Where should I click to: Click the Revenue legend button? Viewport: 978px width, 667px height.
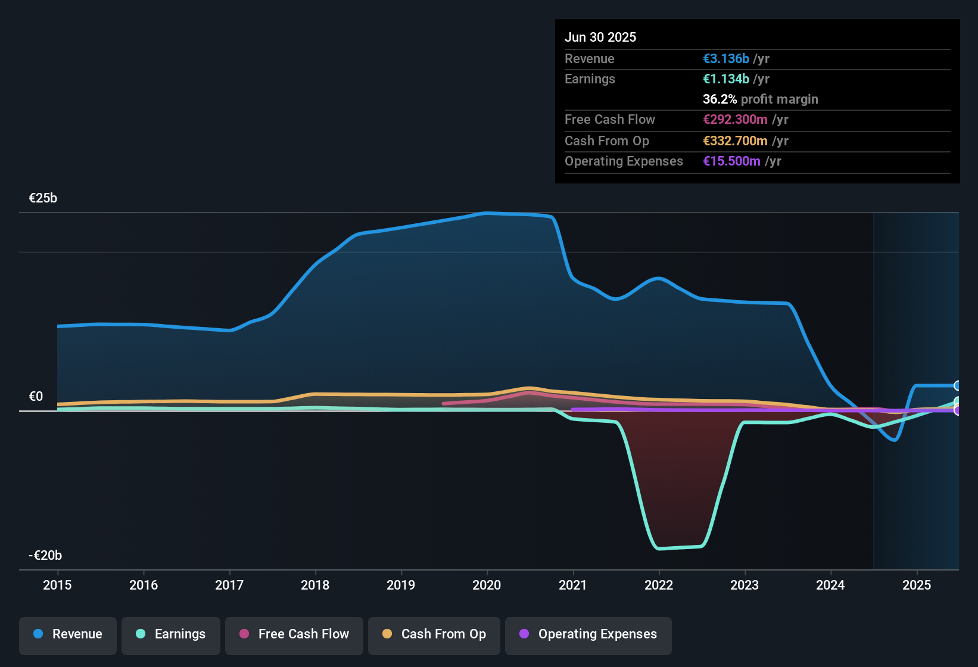pos(67,634)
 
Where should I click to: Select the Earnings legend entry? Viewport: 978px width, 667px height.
pos(170,634)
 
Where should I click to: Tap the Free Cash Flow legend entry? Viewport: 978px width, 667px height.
pos(294,634)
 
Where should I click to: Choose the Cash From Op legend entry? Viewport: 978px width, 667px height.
pos(434,634)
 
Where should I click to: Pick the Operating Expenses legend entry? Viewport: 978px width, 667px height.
pos(588,634)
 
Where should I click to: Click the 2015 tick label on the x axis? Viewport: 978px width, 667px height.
pos(57,585)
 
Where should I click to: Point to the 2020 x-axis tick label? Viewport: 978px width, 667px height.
pos(487,585)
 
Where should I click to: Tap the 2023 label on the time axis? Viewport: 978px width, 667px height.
pos(745,585)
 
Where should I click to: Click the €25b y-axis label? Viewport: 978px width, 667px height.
pos(43,198)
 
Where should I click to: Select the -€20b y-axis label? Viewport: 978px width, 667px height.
pos(45,556)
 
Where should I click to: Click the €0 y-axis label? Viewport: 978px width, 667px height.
pos(36,397)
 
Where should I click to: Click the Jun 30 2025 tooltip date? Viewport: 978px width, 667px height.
pos(600,37)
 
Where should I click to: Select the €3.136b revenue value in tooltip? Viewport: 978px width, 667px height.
pos(726,58)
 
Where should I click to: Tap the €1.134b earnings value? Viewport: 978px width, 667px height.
pos(726,79)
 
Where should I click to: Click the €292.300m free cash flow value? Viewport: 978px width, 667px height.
pos(735,119)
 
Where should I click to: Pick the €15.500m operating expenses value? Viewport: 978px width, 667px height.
pos(731,161)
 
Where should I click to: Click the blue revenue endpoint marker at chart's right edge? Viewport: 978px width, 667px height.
pos(957,386)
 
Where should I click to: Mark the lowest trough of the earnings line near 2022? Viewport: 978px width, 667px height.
pos(659,548)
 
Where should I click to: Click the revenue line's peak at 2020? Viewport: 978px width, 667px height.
pos(487,213)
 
